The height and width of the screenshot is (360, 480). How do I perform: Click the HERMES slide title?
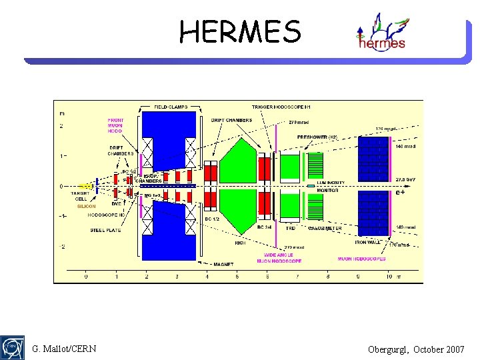point(240,31)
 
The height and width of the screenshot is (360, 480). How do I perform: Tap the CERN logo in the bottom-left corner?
point(13,347)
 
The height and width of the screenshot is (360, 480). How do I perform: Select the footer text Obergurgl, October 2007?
point(416,349)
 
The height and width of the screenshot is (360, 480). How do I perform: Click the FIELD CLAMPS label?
point(171,107)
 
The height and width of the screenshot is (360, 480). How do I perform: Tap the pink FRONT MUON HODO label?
point(115,126)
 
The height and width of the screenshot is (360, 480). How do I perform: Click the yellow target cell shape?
point(85,186)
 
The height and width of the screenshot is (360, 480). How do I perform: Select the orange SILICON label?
point(86,207)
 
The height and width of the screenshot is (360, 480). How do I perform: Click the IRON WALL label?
point(368,243)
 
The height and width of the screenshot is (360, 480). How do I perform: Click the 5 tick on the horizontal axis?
point(237,276)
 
